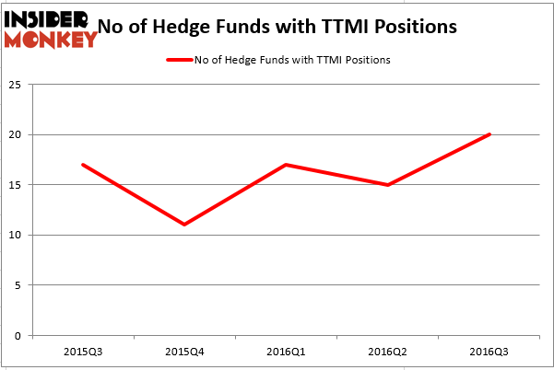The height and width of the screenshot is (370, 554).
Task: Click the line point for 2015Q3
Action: point(84,165)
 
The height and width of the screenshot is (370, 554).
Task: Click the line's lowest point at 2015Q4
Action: point(185,225)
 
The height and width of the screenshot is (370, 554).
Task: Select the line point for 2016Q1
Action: point(287,165)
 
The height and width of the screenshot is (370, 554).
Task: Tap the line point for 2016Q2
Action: point(388,185)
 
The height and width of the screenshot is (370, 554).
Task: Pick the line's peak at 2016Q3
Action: point(489,134)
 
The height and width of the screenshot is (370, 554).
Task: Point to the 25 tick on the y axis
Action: point(18,85)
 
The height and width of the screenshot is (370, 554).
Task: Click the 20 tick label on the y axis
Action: point(18,135)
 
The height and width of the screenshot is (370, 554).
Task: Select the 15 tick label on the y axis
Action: point(18,185)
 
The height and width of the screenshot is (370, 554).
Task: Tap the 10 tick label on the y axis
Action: point(18,236)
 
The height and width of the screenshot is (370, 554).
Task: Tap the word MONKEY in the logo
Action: point(51,39)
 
